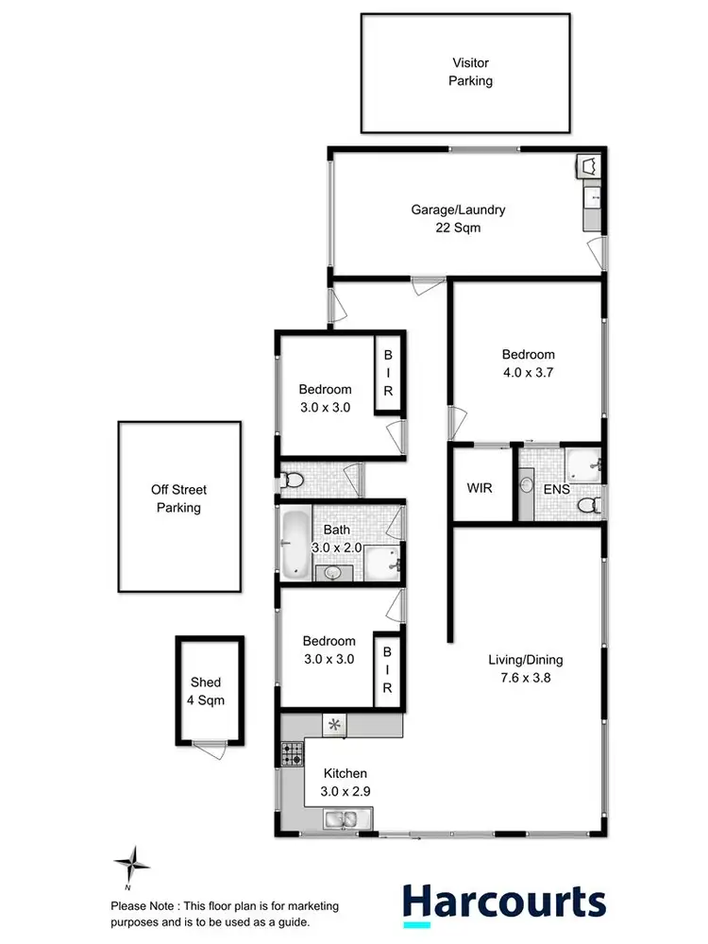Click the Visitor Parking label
(470, 73)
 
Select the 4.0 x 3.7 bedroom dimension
(528, 372)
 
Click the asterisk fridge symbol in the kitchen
(335, 725)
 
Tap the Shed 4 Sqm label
(206, 691)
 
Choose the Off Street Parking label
(178, 498)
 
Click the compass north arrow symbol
(131, 865)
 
